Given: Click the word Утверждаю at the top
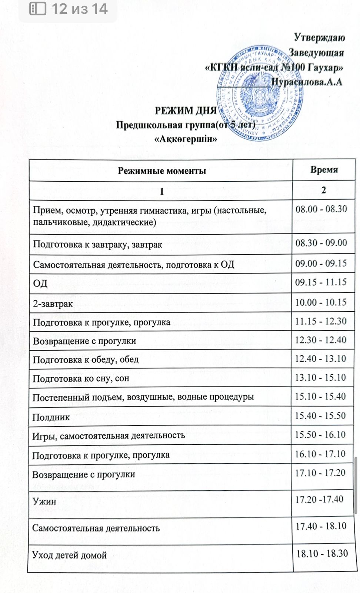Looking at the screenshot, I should [319, 37].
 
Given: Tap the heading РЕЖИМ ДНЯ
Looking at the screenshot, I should [185, 110].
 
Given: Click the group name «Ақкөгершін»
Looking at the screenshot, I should [185, 139].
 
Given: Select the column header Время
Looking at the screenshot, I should [324, 170].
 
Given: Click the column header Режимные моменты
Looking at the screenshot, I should [161, 171].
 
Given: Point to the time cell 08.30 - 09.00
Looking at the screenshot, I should [321, 243].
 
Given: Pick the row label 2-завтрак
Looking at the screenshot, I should [53, 304].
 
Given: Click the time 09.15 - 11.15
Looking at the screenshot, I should [321, 282].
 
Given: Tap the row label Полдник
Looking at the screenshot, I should [51, 417].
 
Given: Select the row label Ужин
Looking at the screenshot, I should [44, 501].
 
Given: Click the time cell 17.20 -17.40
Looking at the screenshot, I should [319, 499].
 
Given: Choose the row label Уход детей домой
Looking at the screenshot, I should [69, 555].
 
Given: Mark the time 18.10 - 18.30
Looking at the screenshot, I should [322, 554].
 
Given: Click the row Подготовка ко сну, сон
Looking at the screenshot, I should [81, 378].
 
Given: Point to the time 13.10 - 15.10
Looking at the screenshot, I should [320, 378].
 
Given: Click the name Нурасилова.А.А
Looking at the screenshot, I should [307, 82].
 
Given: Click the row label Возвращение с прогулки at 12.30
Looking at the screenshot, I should [84, 341].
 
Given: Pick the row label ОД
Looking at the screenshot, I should [40, 284].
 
